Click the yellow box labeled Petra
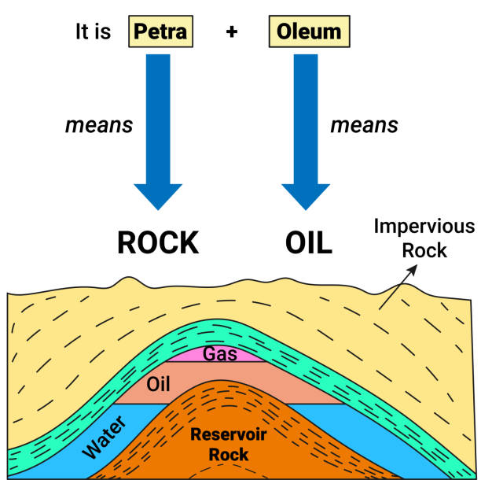click(160, 32)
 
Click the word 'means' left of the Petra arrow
click(98, 124)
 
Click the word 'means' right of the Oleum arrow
click(364, 124)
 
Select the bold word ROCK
click(158, 243)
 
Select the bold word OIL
click(308, 243)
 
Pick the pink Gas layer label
click(220, 354)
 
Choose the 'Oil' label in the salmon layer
click(159, 384)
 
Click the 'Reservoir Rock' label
click(223, 445)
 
